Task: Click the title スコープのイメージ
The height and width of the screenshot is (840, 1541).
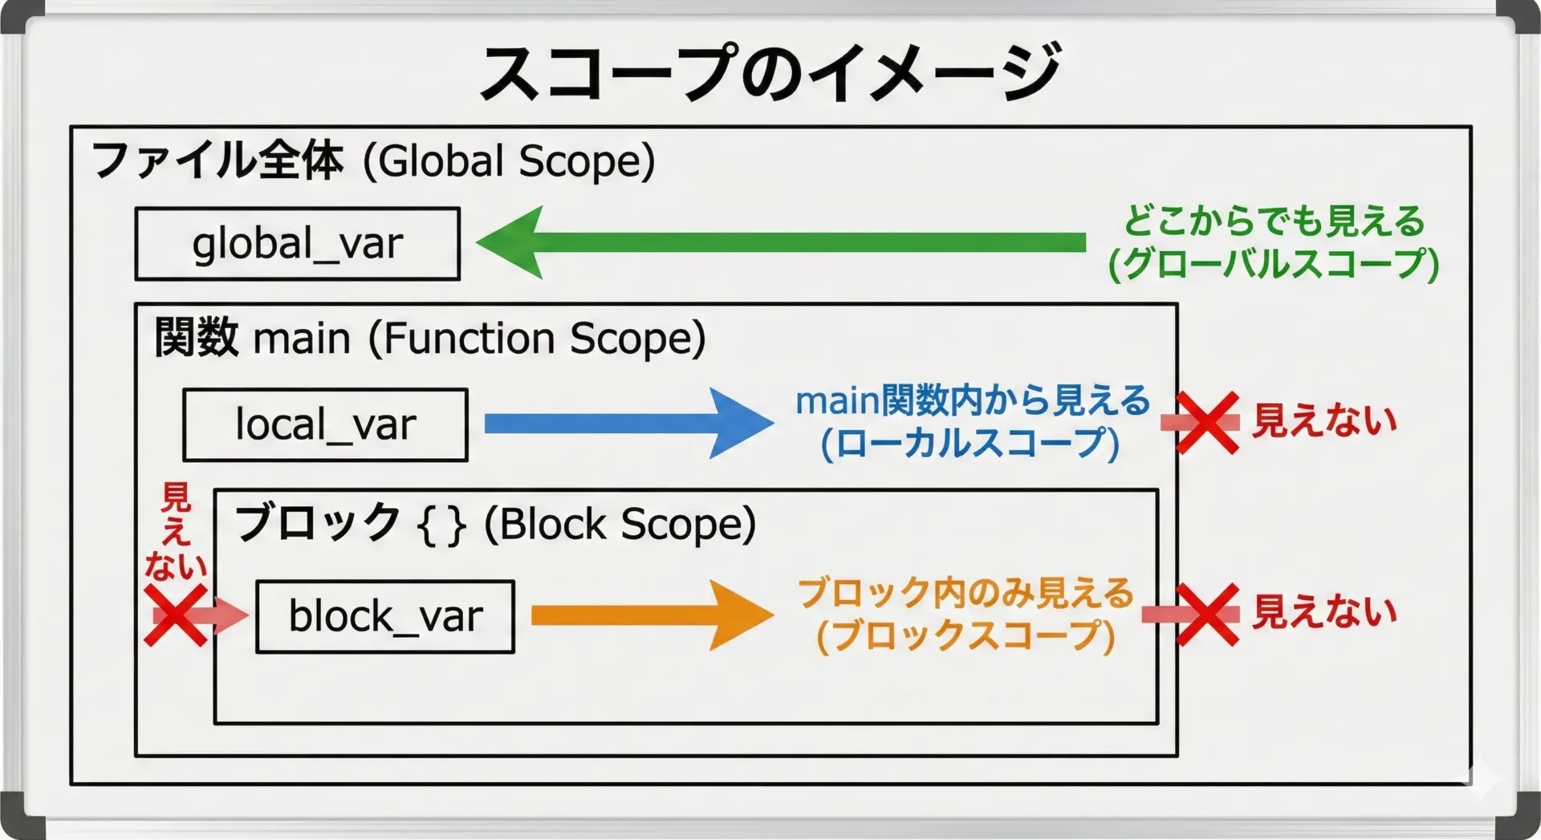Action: click(769, 72)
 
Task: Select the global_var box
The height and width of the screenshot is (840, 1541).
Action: click(297, 244)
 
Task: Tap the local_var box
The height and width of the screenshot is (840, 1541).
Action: click(325, 425)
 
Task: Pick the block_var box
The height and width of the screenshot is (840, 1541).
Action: click(385, 616)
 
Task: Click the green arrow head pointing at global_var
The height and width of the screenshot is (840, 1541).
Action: click(514, 242)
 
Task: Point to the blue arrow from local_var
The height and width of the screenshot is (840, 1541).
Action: click(626, 424)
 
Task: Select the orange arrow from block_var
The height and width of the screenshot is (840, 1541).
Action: click(650, 615)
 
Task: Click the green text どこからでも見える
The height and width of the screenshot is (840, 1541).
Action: click(1274, 221)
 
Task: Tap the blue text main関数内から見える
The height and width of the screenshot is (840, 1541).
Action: click(973, 401)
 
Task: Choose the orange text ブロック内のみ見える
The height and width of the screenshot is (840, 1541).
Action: click(966, 594)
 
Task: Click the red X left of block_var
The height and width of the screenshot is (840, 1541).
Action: click(176, 615)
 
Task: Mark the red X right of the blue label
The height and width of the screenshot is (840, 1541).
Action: click(1207, 423)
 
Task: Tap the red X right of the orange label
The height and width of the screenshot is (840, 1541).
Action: click(1207, 615)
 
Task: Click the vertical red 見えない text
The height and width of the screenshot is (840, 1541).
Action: click(176, 531)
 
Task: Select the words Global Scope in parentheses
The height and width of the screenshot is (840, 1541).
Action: click(509, 161)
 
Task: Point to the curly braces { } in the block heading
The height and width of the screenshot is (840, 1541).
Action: click(441, 526)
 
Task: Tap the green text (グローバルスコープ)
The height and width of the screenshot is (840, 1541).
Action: click(1274, 264)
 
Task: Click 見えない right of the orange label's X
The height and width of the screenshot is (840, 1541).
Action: click(1324, 613)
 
